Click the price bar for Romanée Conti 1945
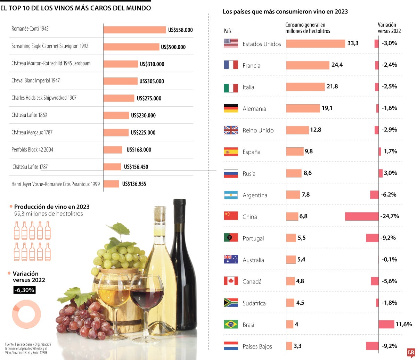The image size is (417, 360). tap(134, 30)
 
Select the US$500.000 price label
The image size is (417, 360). tap(173, 47)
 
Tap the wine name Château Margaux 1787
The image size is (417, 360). tap(32, 132)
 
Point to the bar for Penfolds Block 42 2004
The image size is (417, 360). tap(113, 150)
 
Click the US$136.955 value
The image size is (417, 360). tap(134, 184)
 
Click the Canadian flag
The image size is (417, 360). tap(231, 281)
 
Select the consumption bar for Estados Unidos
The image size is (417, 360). tap(315, 43)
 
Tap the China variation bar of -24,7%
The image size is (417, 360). tap(361, 216)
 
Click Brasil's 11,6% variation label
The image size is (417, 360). tap(403, 325)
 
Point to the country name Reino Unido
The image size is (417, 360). tap(258, 131)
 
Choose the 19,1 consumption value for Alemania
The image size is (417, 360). tap(327, 108)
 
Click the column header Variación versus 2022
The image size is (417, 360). tap(389, 28)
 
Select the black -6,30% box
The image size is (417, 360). tap(24, 290)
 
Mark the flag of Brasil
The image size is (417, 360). tap(231, 324)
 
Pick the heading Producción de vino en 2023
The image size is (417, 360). tap(52, 207)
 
